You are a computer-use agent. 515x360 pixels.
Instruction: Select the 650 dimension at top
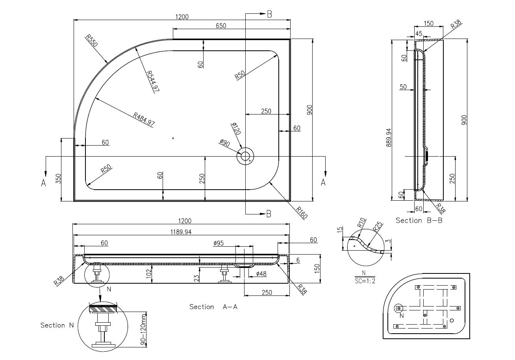click(x=221, y=26)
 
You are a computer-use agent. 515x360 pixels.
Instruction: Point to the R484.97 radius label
click(x=144, y=119)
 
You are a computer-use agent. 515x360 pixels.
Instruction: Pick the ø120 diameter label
click(x=236, y=129)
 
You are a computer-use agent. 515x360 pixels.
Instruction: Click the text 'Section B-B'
click(x=419, y=221)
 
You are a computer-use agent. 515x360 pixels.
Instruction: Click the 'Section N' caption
click(x=57, y=325)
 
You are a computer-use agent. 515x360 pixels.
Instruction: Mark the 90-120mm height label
click(x=143, y=331)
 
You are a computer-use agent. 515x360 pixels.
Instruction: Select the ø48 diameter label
click(x=261, y=273)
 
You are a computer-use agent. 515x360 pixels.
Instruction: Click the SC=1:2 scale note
click(x=364, y=281)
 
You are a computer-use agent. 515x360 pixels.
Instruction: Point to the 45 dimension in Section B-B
click(x=419, y=34)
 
